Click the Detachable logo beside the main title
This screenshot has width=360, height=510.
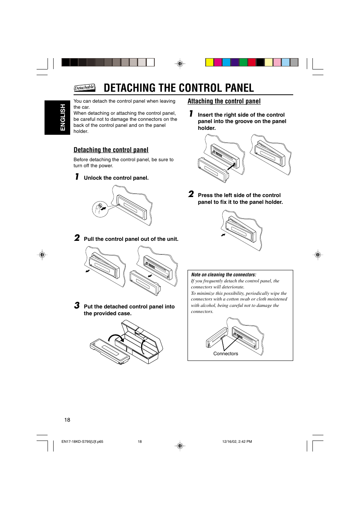point(85,88)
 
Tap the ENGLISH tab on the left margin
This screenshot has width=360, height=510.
point(63,117)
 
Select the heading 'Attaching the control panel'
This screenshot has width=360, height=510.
point(224,101)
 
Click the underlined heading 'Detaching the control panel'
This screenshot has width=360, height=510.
point(111,150)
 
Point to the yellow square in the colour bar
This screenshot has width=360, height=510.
point(209,62)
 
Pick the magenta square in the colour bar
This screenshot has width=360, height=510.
point(218,62)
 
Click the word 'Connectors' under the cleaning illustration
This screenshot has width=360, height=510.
point(226,354)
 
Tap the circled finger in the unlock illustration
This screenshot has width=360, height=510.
point(100,208)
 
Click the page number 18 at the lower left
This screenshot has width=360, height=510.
point(67,420)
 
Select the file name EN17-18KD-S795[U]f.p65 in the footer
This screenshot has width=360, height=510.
point(82,441)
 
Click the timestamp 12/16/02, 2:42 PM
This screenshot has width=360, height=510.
point(237,441)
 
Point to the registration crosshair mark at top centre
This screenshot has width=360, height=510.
point(180,64)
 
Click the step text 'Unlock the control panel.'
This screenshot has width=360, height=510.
point(116,178)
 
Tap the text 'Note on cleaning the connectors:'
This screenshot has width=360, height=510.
point(223,275)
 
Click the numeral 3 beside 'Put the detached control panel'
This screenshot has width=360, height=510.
point(77,305)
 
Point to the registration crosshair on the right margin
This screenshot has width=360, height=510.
point(318,255)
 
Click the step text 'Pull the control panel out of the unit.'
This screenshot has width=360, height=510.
point(131,239)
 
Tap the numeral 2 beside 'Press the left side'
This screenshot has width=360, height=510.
point(191,194)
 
